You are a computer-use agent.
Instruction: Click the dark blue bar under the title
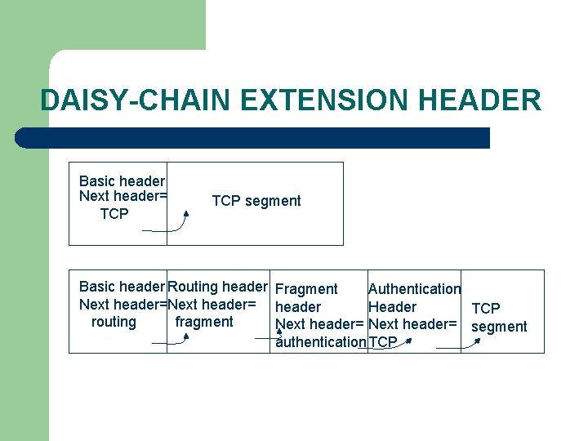click(253, 138)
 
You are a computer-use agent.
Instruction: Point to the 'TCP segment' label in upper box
click(256, 201)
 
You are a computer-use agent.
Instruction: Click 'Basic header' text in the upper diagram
click(122, 180)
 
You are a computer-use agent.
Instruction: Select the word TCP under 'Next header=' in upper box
click(114, 214)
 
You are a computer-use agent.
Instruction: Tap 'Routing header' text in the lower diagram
click(217, 287)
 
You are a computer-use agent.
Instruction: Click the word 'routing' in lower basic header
click(114, 322)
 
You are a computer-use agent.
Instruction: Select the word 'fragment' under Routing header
click(204, 322)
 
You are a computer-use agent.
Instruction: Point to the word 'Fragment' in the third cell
click(306, 289)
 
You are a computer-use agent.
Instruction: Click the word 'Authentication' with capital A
click(414, 289)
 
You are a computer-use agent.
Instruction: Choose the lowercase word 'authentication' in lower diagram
click(321, 342)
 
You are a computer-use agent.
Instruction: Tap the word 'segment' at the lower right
click(499, 327)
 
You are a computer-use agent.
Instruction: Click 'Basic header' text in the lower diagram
click(122, 287)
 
